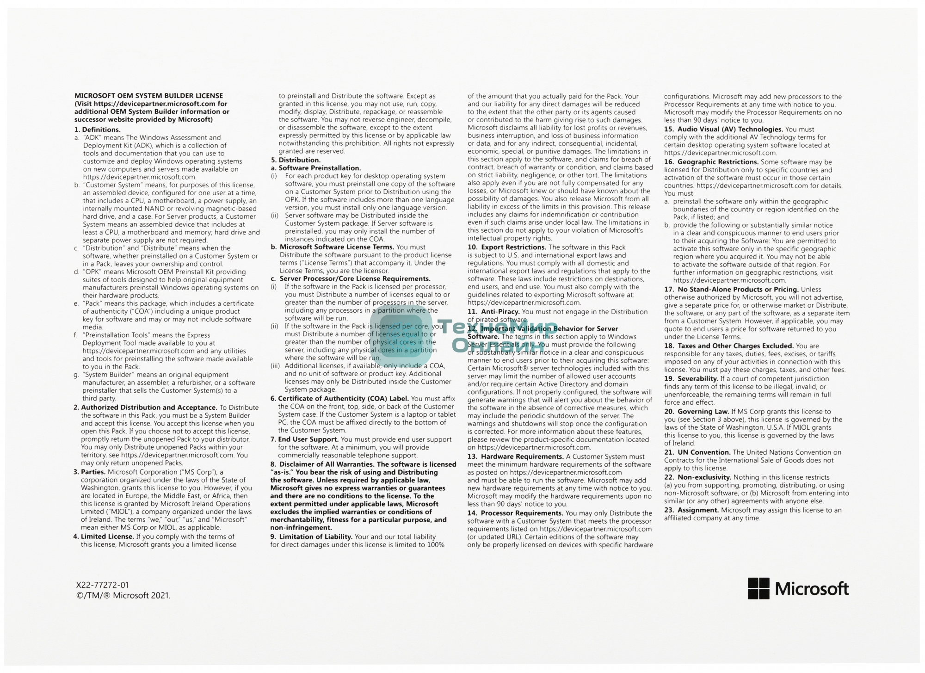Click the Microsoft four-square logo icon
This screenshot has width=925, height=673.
758,588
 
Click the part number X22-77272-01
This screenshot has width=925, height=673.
102,586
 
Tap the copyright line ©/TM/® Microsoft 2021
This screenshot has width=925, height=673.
123,596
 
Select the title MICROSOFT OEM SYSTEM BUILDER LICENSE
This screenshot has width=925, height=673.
149,96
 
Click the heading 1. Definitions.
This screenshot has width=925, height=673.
98,130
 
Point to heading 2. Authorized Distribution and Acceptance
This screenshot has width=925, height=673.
145,408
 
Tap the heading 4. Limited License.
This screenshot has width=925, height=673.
104,537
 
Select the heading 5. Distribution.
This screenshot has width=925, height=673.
296,160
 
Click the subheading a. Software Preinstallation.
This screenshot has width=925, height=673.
316,168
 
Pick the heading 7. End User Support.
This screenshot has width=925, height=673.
305,439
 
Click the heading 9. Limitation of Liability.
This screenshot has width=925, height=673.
311,537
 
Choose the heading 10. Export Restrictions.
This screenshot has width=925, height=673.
507,247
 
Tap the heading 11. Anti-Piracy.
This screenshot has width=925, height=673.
493,312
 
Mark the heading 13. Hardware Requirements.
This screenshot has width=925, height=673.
515,457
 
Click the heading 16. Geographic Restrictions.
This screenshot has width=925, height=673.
711,162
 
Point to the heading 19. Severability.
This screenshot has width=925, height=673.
691,379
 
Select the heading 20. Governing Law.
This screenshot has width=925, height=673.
697,412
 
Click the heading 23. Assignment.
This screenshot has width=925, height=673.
691,510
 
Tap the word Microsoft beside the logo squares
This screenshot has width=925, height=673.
812,589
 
